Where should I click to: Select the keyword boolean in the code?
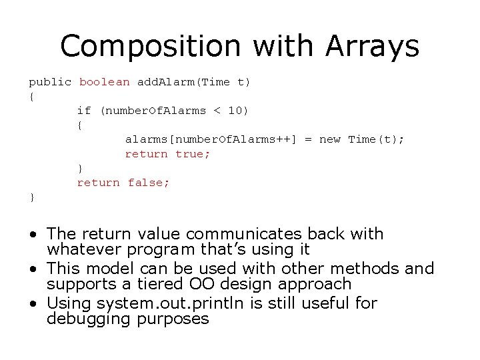coord(105,82)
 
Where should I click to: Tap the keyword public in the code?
coord(50,82)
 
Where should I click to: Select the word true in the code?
coord(192,154)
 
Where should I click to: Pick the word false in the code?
coord(149,182)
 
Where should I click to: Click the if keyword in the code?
coord(84,111)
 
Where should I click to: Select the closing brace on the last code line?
coord(32,197)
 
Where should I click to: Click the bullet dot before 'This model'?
coord(33,269)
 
